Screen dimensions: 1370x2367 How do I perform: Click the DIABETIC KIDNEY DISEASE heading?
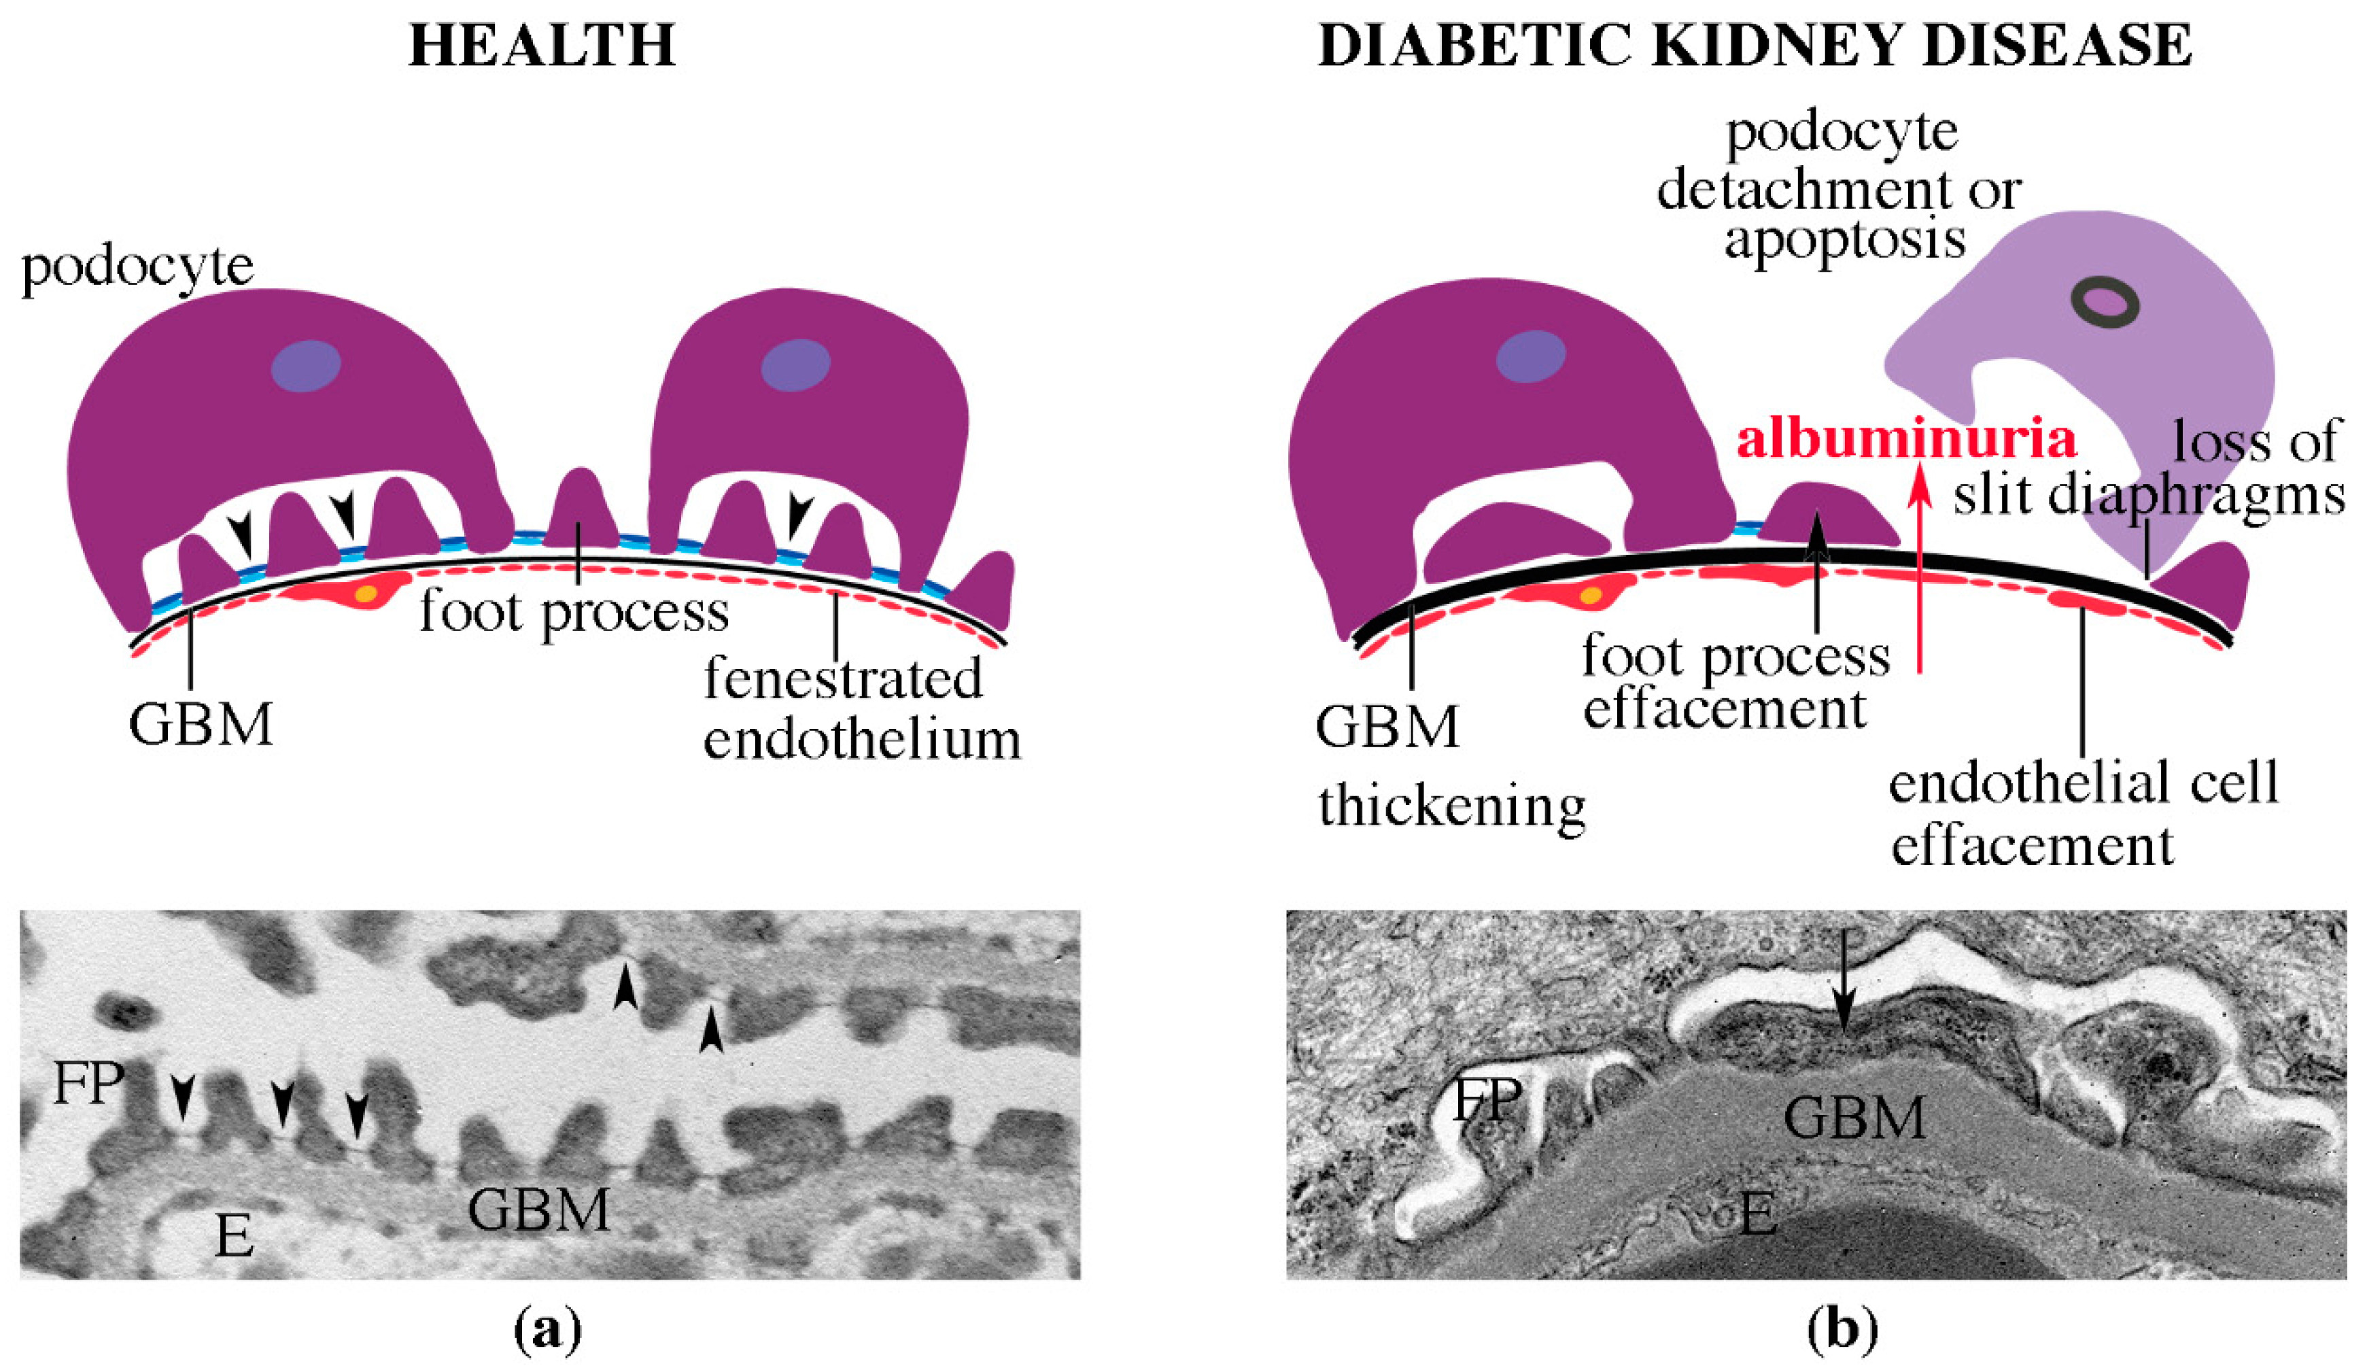click(1755, 44)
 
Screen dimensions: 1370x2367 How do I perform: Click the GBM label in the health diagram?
click(201, 725)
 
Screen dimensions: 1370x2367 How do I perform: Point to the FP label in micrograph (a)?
click(89, 1083)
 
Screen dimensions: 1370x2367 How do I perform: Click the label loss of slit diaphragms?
click(2151, 470)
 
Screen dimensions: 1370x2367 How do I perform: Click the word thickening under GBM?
click(1452, 805)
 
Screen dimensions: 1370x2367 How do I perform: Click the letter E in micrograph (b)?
click(1757, 1213)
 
